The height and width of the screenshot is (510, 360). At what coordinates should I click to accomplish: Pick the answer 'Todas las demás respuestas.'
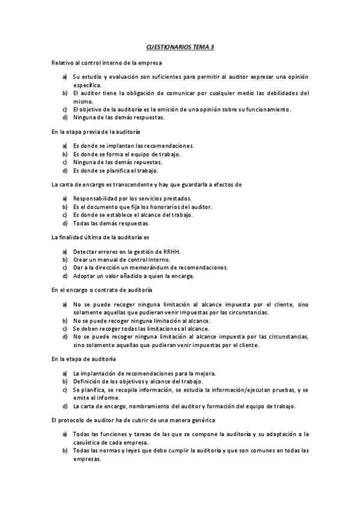[x=111, y=223]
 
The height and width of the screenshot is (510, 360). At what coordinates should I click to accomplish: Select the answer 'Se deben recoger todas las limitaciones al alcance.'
[x=141, y=329]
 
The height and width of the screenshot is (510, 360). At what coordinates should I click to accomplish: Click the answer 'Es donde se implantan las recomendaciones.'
[x=133, y=146]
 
